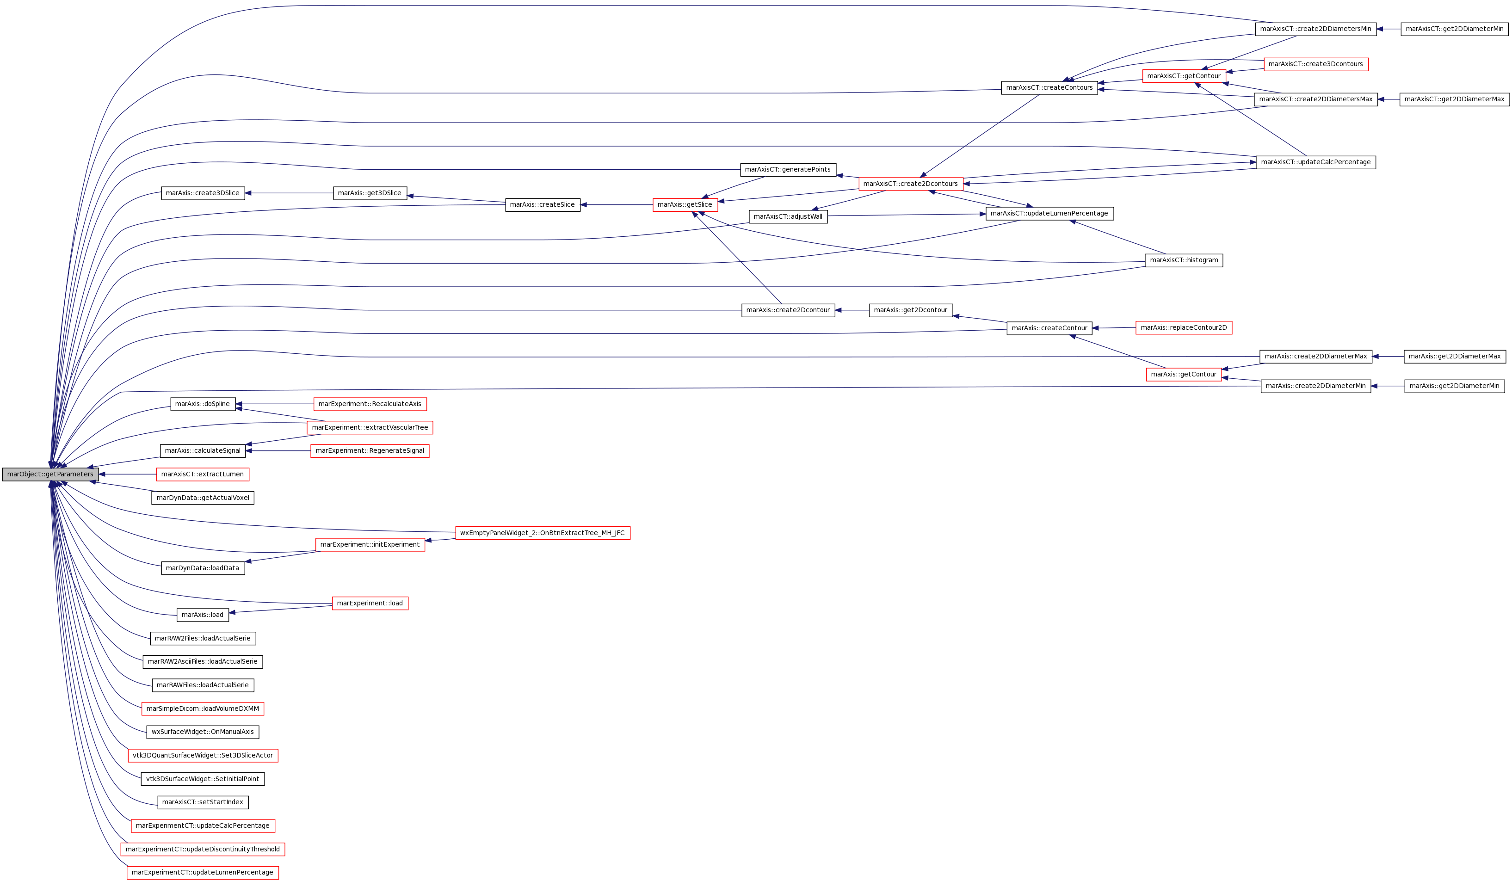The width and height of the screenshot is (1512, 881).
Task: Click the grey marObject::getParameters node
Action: [50, 474]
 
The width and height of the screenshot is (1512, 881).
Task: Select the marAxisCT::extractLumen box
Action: [202, 474]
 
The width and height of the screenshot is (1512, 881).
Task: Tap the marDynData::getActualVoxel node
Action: [202, 498]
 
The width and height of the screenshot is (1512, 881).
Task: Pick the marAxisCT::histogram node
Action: [1183, 260]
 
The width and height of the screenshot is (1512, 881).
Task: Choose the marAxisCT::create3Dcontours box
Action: [1315, 64]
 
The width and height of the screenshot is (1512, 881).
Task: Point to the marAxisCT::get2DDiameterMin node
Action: [1454, 29]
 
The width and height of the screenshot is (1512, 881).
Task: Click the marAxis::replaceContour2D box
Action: [1183, 328]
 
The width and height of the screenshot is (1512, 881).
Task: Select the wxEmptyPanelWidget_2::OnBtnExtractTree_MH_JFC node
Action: [543, 533]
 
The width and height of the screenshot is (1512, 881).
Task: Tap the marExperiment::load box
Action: [370, 604]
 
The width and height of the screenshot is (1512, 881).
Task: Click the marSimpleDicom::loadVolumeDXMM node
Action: [202, 709]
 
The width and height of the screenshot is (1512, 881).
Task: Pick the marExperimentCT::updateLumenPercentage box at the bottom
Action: [202, 873]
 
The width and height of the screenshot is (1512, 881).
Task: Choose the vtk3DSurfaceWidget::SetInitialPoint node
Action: [202, 779]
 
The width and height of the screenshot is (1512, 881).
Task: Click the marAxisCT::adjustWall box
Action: [788, 216]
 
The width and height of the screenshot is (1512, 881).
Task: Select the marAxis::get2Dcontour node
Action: [910, 310]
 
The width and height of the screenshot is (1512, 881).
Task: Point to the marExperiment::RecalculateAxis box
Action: [370, 404]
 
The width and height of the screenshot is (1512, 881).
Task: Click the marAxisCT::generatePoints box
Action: [787, 170]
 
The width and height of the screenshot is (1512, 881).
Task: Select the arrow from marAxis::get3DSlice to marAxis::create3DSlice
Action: [289, 193]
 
